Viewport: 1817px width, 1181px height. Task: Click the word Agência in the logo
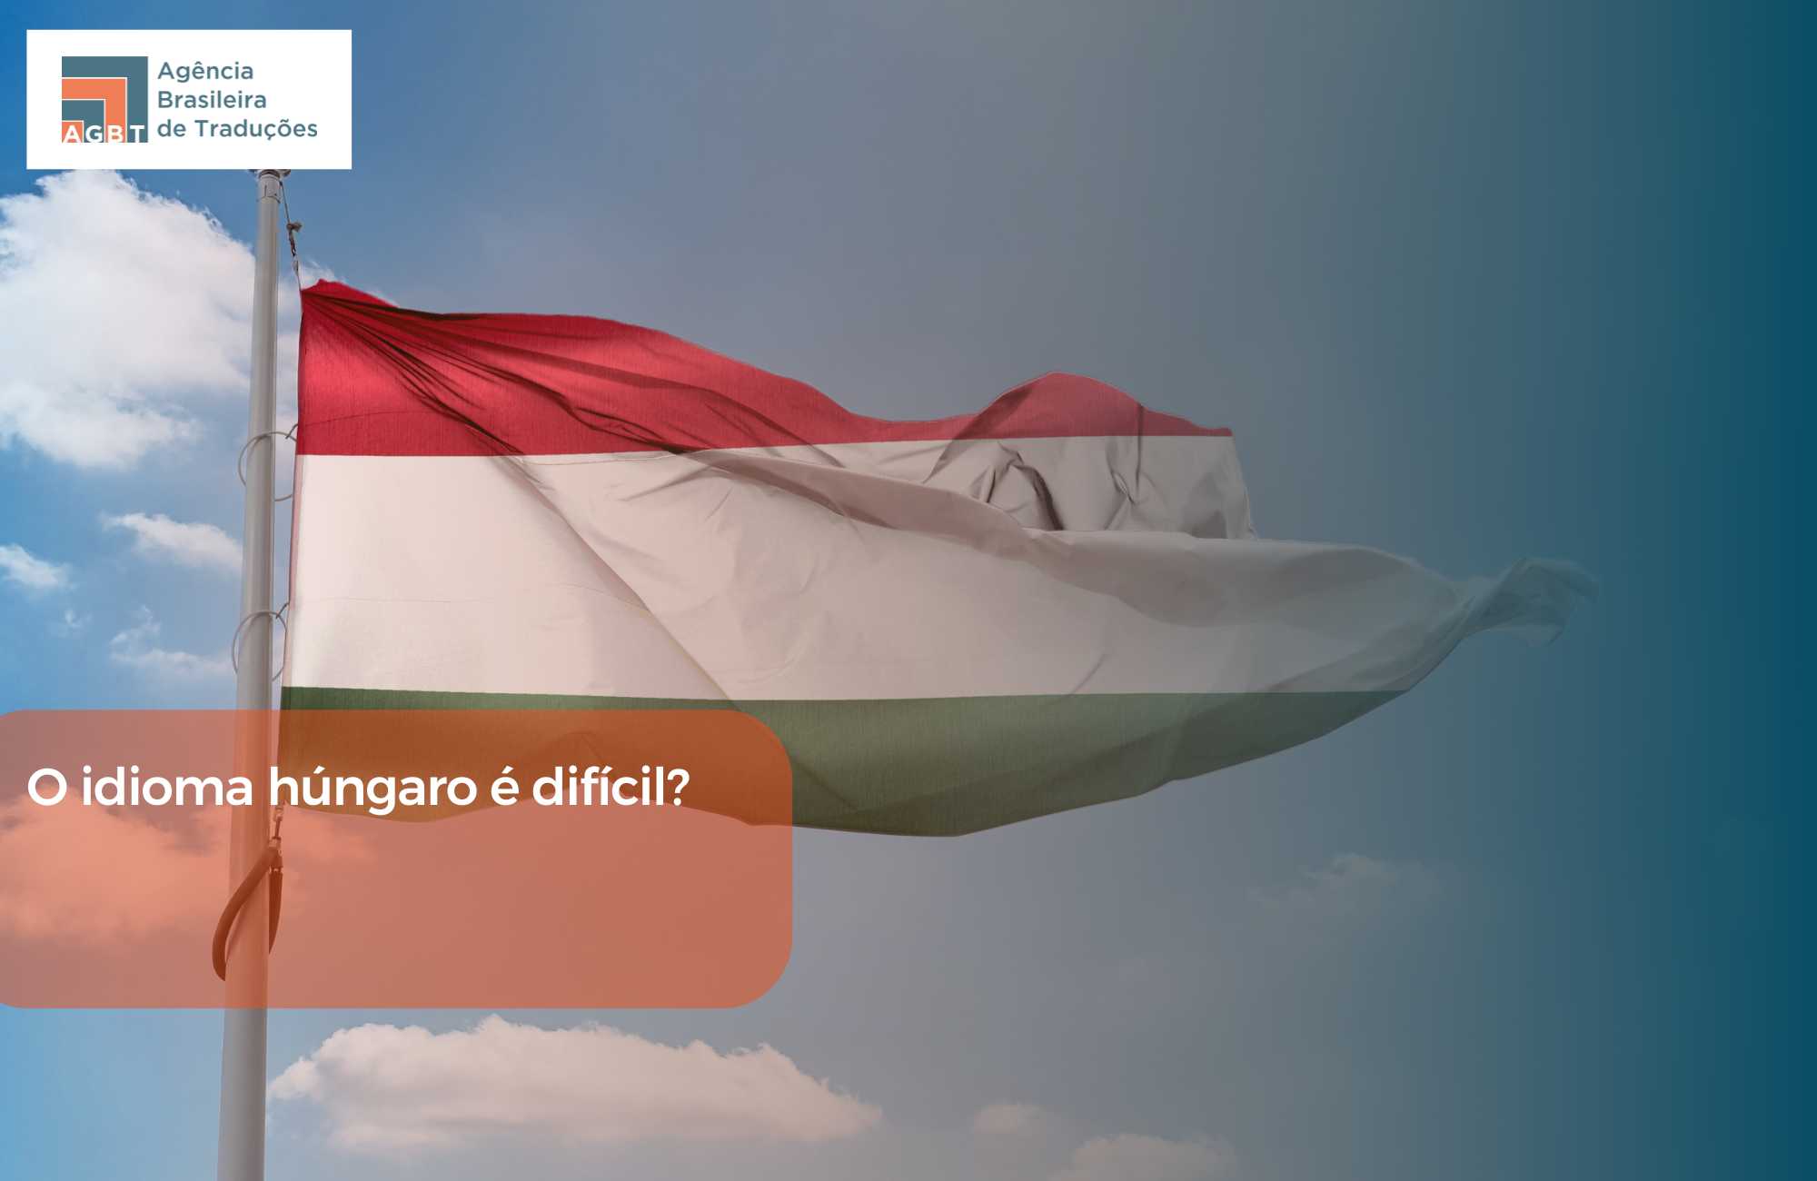tap(205, 72)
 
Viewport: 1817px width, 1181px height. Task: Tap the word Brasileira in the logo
tap(212, 99)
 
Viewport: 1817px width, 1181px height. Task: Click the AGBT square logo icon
tap(104, 100)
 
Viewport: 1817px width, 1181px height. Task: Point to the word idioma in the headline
tap(167, 787)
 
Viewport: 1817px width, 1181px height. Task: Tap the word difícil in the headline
tap(599, 786)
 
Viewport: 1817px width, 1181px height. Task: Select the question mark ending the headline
tap(678, 787)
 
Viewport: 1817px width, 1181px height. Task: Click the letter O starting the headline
tap(47, 788)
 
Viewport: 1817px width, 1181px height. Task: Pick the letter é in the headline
tap(504, 788)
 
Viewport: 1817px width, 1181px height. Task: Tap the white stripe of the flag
tap(727, 572)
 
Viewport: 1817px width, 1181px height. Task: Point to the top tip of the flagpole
tap(271, 173)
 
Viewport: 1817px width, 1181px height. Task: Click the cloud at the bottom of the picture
tap(572, 1086)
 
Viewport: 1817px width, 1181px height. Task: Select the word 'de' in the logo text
tap(172, 129)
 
